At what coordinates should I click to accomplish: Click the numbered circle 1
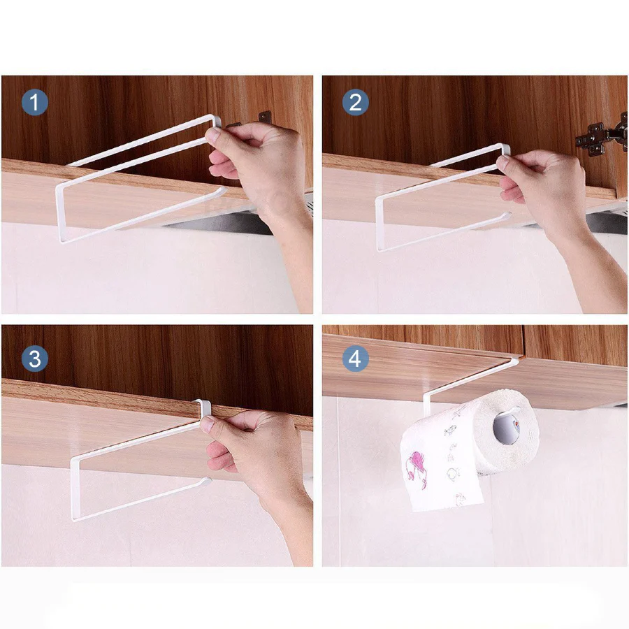click(35, 102)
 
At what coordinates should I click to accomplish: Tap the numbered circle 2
click(356, 102)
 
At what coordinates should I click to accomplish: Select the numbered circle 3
click(35, 359)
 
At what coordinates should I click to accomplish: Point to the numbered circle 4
click(356, 359)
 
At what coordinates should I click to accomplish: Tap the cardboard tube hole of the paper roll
click(507, 428)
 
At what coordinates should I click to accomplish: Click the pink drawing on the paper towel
click(416, 470)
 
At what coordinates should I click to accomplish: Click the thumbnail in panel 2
click(503, 162)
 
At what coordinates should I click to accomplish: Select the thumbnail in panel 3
click(206, 424)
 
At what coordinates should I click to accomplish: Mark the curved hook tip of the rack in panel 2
click(506, 216)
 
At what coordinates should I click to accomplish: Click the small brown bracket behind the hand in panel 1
click(265, 117)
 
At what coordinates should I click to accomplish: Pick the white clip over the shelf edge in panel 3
click(205, 407)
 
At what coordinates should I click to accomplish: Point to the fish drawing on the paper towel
click(450, 431)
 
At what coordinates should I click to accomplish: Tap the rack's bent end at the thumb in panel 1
click(215, 120)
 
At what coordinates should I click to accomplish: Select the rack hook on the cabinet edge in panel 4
click(514, 362)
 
